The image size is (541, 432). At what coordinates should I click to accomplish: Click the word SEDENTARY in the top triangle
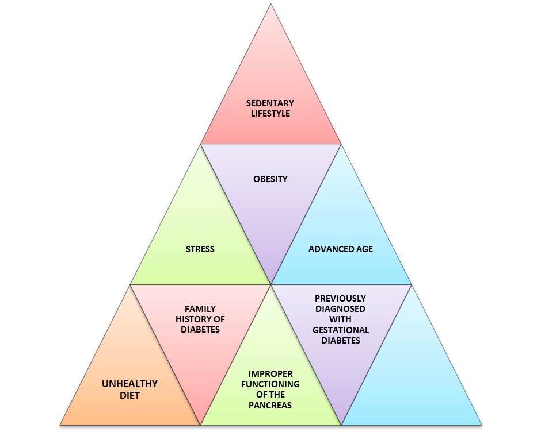click(270, 103)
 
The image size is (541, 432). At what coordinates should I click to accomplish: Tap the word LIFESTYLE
click(270, 114)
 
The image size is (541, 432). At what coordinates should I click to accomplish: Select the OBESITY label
click(270, 179)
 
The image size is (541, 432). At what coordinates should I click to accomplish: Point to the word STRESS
click(200, 249)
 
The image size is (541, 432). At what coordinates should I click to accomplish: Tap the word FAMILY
click(200, 309)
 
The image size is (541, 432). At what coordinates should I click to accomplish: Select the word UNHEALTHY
click(129, 384)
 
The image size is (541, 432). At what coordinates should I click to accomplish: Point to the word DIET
click(129, 395)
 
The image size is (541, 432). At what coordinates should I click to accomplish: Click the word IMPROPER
click(270, 374)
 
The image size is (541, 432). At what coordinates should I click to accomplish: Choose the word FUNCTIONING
click(270, 384)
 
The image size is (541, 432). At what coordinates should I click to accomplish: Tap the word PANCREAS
click(270, 406)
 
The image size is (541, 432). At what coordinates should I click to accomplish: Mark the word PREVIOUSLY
click(340, 299)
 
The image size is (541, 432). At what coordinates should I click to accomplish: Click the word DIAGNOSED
click(340, 309)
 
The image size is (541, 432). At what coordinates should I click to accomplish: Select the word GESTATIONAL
click(340, 330)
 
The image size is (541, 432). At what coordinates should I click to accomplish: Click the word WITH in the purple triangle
click(340, 319)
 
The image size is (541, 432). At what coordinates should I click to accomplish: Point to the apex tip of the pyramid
click(270, 5)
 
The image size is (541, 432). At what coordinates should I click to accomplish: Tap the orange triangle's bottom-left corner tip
click(61, 424)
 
